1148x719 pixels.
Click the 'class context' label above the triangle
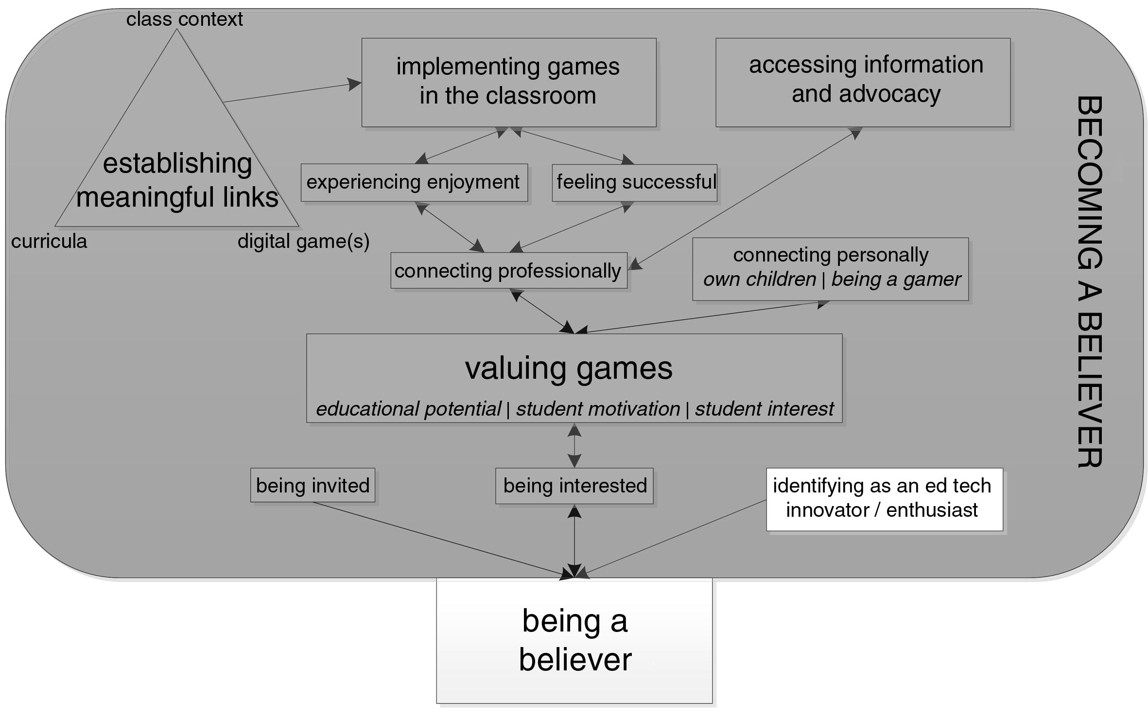[184, 19]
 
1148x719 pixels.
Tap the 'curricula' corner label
[49, 241]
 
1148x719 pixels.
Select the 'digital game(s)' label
[303, 241]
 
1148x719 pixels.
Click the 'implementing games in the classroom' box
[508, 82]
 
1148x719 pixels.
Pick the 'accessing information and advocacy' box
[863, 82]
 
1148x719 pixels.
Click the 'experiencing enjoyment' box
[414, 182]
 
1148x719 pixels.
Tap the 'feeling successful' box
[634, 182]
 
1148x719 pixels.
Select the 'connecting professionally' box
[508, 270]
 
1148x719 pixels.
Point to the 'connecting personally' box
[830, 269]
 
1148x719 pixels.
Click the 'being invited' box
[313, 485]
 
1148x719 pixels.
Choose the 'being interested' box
[574, 486]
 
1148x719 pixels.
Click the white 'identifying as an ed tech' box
[884, 499]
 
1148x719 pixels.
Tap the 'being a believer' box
[574, 640]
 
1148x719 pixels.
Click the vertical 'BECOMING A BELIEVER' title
[1089, 282]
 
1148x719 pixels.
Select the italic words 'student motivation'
[598, 409]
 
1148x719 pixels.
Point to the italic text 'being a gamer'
[896, 280]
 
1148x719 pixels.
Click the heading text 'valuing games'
[569, 368]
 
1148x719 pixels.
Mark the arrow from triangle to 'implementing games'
[292, 92]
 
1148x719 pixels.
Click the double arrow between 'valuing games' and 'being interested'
[574, 445]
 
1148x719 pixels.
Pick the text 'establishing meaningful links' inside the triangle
[177, 180]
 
